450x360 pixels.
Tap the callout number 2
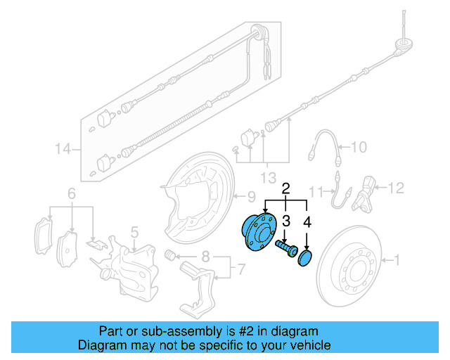point(285,188)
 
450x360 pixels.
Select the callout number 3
point(286,221)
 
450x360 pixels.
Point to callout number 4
point(307,221)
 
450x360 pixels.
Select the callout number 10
point(359,147)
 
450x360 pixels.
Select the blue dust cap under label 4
point(306,258)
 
